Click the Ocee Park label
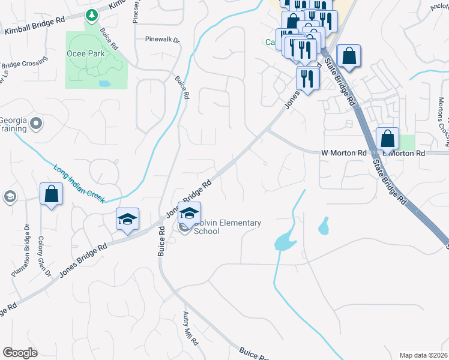pyautogui.click(x=85, y=53)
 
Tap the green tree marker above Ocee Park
pyautogui.click(x=91, y=14)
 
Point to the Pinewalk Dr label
pyautogui.click(x=162, y=40)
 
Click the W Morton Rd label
pyautogui.click(x=343, y=153)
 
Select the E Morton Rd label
pyautogui.click(x=406, y=154)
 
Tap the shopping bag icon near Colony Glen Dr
pyautogui.click(x=51, y=194)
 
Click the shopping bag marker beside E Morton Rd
pyautogui.click(x=388, y=139)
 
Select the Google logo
pyautogui.click(x=20, y=352)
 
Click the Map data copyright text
pyautogui.click(x=424, y=355)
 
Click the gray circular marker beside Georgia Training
pyautogui.click(x=37, y=124)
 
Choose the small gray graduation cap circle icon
pyautogui.click(x=10, y=196)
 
